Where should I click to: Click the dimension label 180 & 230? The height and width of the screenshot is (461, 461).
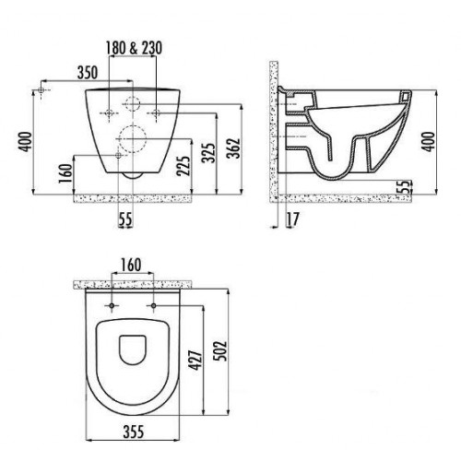tap(134, 48)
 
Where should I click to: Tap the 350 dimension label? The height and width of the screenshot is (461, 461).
tap(88, 73)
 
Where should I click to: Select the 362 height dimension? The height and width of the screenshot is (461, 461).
tap(233, 148)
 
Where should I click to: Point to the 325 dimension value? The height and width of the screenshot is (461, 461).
tap(208, 153)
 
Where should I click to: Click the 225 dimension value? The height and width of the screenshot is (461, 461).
tap(183, 166)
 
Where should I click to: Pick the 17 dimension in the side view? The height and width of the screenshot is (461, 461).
tap(292, 219)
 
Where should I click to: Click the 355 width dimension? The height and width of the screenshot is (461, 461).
tap(134, 431)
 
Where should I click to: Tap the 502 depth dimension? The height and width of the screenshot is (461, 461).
tap(220, 351)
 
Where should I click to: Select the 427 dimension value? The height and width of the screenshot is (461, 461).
tap(195, 360)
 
